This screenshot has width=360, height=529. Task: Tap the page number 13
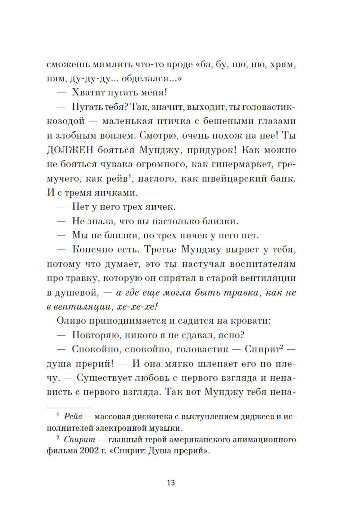coord(171,483)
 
